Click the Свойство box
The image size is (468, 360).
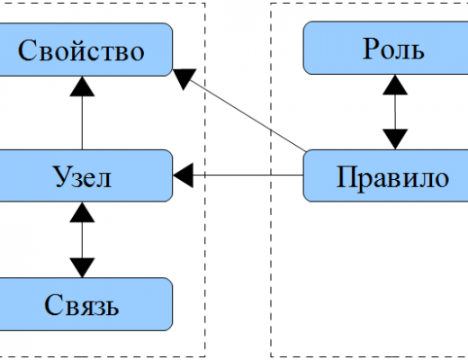[x=85, y=49]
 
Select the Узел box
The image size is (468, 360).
[x=85, y=175]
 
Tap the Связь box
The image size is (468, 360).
[x=85, y=304]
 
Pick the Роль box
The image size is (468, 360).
[x=385, y=48]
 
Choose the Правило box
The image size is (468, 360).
[x=385, y=175]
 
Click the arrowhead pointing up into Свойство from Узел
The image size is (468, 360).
[x=82, y=86]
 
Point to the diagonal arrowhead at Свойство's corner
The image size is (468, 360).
[x=184, y=78]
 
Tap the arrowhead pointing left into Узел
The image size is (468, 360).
[x=183, y=175]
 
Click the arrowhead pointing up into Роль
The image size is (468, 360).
[x=395, y=85]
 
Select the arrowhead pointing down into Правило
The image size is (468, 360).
[x=395, y=139]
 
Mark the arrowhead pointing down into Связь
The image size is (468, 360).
[x=82, y=268]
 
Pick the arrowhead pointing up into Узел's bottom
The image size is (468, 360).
[x=82, y=211]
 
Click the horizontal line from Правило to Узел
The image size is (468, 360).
[x=247, y=175]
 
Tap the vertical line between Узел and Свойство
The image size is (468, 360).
[x=82, y=123]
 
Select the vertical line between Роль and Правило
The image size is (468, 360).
[x=395, y=112]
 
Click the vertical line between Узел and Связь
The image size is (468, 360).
[x=82, y=240]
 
